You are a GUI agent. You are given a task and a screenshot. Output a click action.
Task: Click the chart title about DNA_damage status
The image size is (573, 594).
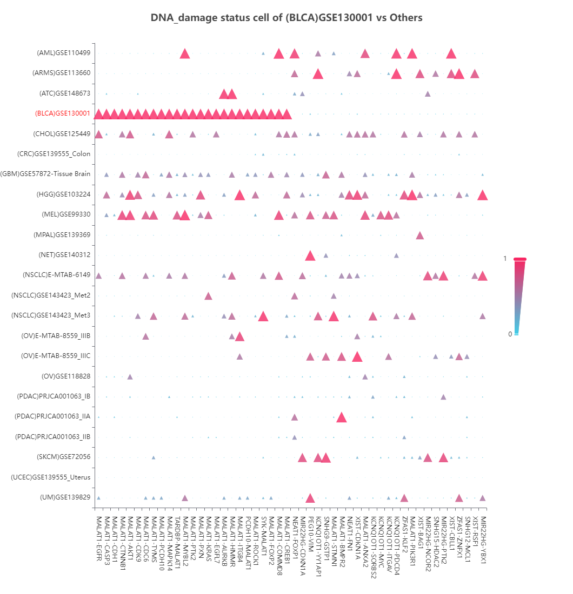[286, 18]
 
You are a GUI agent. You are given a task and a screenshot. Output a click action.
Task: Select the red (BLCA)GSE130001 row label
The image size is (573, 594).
[62, 114]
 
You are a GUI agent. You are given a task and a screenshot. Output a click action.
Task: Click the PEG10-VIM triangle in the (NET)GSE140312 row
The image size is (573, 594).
[310, 255]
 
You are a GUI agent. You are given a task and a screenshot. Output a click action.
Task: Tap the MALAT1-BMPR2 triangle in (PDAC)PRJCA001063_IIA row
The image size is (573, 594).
[341, 417]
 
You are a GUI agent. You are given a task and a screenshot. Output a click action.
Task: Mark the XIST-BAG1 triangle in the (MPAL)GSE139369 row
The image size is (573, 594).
[420, 235]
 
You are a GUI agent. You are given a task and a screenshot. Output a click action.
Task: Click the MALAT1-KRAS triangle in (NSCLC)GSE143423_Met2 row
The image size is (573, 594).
[208, 296]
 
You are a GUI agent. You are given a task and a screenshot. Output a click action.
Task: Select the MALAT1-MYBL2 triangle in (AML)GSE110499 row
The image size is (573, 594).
[185, 53]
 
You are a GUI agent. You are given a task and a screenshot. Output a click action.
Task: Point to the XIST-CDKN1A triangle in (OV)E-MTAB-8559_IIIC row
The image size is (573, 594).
[357, 356]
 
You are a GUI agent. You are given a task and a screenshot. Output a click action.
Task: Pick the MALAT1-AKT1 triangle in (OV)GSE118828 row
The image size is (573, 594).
[130, 376]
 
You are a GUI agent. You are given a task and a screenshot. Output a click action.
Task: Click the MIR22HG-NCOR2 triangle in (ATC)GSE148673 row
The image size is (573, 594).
[428, 94]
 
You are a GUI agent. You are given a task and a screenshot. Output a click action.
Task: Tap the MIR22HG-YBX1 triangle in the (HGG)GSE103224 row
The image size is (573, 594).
[483, 195]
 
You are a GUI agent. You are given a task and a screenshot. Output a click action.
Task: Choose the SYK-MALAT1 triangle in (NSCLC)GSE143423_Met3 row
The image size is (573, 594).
[263, 316]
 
